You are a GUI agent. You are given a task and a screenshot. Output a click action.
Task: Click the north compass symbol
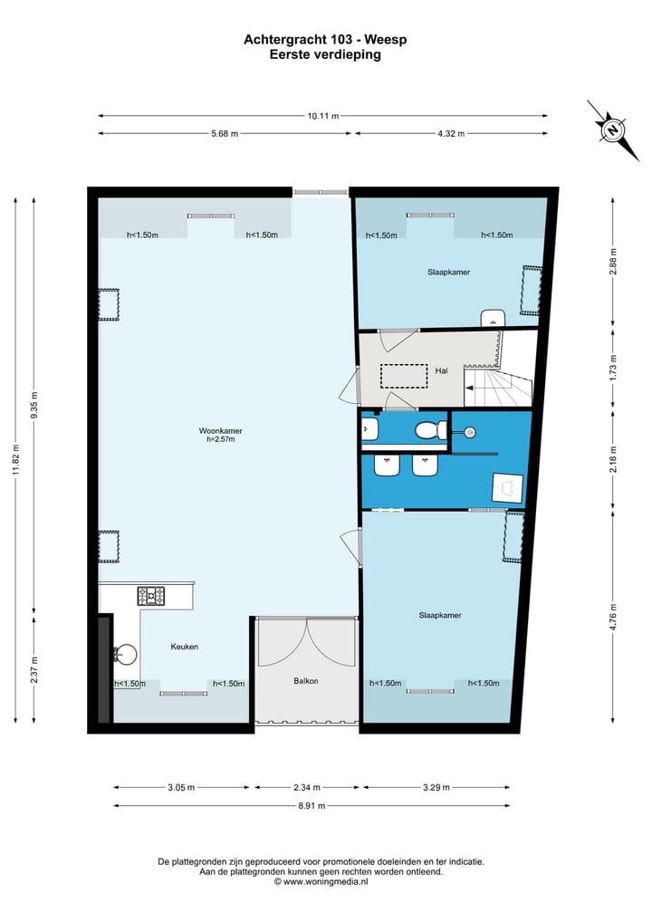(x=613, y=130)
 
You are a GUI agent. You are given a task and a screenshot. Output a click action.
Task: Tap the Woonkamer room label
(x=220, y=430)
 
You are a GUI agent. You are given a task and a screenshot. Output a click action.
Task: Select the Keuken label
(x=185, y=647)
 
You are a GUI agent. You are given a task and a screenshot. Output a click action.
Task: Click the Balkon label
(x=306, y=681)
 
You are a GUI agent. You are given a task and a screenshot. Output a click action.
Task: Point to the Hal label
(x=441, y=370)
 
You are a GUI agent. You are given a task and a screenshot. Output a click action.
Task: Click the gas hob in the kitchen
(x=151, y=596)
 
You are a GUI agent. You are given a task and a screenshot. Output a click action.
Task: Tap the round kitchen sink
(x=125, y=653)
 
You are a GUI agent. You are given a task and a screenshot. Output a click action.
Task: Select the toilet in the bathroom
(x=428, y=431)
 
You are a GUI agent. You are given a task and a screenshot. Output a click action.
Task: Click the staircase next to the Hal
(x=499, y=385)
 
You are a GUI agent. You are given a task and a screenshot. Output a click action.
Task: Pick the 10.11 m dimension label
(x=323, y=116)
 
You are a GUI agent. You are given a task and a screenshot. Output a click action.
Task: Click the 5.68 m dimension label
(x=225, y=133)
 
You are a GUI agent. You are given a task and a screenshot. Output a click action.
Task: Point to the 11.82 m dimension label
(x=16, y=459)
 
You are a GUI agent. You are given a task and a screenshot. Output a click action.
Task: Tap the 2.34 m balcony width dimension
(x=307, y=787)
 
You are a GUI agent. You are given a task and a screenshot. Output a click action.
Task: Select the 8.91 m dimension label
(x=312, y=805)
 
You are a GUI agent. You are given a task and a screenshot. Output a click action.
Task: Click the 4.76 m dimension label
(x=613, y=618)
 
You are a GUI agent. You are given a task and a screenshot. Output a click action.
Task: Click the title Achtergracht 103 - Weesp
(x=325, y=39)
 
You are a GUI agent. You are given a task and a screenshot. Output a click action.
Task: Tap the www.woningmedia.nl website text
(x=325, y=882)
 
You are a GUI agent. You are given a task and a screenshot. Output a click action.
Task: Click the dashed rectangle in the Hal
(x=404, y=376)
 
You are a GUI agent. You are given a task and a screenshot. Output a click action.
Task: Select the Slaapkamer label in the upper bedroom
(x=449, y=272)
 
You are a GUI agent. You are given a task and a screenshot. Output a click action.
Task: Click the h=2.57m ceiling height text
(x=220, y=439)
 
